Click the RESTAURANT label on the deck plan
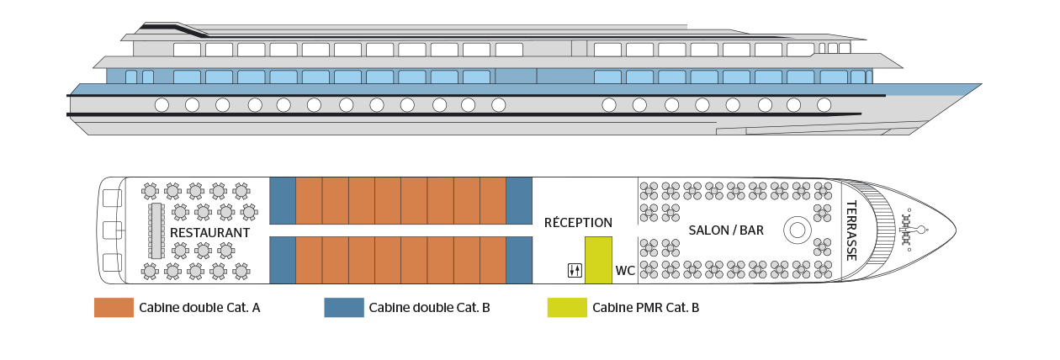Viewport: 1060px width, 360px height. [x=209, y=233]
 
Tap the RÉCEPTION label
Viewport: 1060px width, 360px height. [x=578, y=222]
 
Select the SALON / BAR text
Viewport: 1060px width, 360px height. [x=726, y=230]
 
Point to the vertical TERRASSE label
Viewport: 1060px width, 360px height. [x=851, y=230]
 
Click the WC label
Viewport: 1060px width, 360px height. [x=625, y=271]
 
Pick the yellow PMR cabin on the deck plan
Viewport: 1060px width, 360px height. [x=599, y=260]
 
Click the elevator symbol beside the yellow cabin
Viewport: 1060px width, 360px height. [x=575, y=271]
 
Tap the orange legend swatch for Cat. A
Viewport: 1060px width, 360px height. [x=114, y=308]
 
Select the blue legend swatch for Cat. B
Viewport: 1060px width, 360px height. [x=344, y=308]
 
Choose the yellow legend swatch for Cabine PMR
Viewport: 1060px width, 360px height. [x=567, y=308]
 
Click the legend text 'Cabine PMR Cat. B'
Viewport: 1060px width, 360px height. [x=645, y=308]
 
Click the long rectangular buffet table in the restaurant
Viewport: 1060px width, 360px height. [x=156, y=230]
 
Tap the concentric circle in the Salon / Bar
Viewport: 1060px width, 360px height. [x=798, y=230]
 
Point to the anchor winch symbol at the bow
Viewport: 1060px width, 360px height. [x=911, y=230]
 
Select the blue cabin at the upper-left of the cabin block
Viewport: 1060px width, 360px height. [x=283, y=200]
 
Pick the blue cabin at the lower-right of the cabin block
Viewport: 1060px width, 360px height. [x=519, y=260]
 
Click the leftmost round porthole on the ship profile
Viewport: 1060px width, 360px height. [x=162, y=105]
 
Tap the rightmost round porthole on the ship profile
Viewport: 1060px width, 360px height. [x=824, y=105]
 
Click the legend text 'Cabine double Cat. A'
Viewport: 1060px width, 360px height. [x=199, y=308]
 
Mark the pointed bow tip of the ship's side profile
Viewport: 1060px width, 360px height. [x=982, y=85]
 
